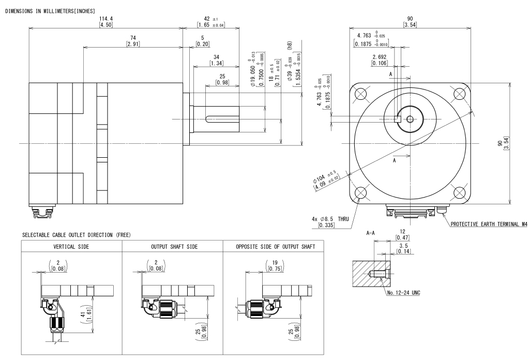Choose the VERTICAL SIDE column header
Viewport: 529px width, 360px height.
coord(71,247)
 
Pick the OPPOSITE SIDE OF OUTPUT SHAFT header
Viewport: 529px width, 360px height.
coord(273,247)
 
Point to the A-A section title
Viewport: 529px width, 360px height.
coord(371,233)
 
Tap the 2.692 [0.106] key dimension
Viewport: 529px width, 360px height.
coord(381,60)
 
